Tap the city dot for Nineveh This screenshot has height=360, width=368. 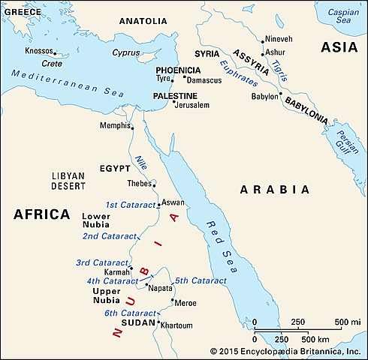click(x=262, y=41)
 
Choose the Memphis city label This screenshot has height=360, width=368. click(x=114, y=125)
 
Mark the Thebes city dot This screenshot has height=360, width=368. click(x=154, y=184)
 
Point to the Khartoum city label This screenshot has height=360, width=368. click(x=177, y=325)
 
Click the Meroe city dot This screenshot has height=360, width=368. click(x=173, y=302)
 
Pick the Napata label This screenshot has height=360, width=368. click(x=160, y=287)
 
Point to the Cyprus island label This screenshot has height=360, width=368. click(x=125, y=53)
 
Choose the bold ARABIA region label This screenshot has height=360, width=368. click(x=274, y=189)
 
